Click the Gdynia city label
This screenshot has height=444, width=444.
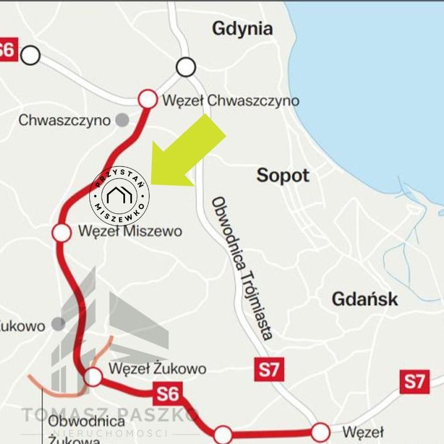click(242, 29)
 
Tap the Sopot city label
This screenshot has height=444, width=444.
click(283, 175)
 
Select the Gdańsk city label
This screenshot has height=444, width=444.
click(365, 298)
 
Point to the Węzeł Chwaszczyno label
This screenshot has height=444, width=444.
click(230, 100)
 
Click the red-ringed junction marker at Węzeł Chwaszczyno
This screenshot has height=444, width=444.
click(148, 99)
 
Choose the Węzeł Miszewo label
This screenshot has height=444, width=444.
click(129, 231)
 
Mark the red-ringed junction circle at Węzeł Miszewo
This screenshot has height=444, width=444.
click(62, 233)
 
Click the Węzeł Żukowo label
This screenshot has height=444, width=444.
click(157, 368)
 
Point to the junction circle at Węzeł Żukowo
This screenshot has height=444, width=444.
click(93, 376)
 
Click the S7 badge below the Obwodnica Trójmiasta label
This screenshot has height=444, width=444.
click(270, 370)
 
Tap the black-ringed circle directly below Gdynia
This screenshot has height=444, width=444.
click(186, 66)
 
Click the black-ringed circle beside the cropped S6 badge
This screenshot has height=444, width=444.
click(30, 55)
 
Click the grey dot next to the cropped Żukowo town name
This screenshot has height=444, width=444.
click(58, 323)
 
